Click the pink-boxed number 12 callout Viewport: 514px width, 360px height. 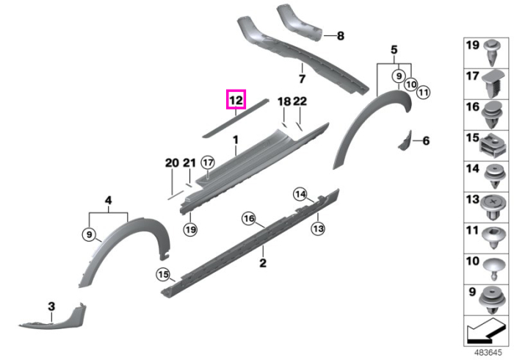pyautogui.click(x=236, y=99)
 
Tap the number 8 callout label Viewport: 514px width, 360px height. pyautogui.click(x=341, y=35)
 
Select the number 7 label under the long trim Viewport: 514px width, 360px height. pyautogui.click(x=302, y=79)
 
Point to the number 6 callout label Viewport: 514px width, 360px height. pyautogui.click(x=426, y=140)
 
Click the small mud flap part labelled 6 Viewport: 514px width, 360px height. pyautogui.click(x=405, y=140)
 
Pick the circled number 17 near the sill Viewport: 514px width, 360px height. pyautogui.click(x=208, y=162)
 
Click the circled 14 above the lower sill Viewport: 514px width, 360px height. pyautogui.click(x=300, y=195)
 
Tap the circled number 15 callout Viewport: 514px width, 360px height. pyautogui.click(x=163, y=274)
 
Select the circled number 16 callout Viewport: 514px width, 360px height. pyautogui.click(x=249, y=218)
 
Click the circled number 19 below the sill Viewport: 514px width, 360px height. pyautogui.click(x=190, y=229)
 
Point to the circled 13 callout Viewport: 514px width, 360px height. pyautogui.click(x=318, y=228)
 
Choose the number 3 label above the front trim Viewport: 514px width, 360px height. pyautogui.click(x=51, y=306)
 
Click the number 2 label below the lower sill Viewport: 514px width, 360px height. pyautogui.click(x=263, y=262)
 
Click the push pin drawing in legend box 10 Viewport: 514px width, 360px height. pyautogui.click(x=493, y=269)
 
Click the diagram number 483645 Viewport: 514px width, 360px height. pyautogui.click(x=488, y=353)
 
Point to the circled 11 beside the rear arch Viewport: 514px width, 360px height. pyautogui.click(x=423, y=92)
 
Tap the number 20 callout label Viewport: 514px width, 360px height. pyautogui.click(x=172, y=162)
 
